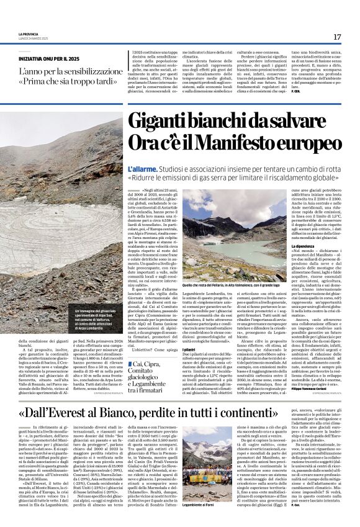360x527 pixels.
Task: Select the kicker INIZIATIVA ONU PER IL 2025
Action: [x=56, y=57]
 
